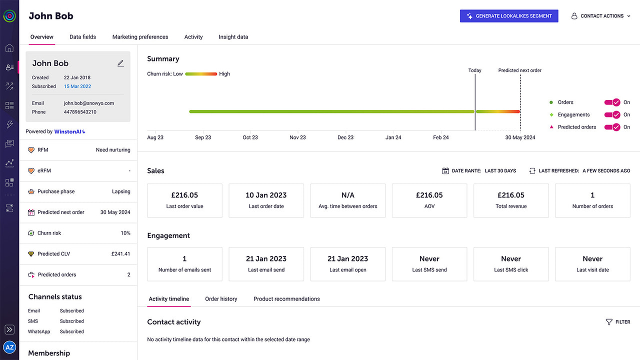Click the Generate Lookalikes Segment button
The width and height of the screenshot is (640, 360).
click(x=508, y=16)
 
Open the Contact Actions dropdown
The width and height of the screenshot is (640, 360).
click(x=601, y=16)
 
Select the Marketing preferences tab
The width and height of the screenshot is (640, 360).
click(x=140, y=37)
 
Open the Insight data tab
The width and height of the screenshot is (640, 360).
click(x=233, y=37)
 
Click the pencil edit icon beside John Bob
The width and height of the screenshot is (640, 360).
click(x=120, y=63)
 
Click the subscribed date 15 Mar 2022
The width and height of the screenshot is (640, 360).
click(x=77, y=86)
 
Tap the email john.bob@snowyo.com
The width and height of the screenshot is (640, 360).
click(x=89, y=103)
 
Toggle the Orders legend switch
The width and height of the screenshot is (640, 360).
click(x=612, y=102)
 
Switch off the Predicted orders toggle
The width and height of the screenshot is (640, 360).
click(x=612, y=127)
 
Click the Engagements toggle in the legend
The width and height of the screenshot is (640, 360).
click(x=612, y=114)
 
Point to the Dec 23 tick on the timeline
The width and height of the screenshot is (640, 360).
click(x=345, y=137)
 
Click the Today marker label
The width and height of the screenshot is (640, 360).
click(x=474, y=70)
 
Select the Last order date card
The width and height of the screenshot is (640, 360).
click(x=266, y=200)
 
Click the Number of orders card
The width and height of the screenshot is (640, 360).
click(x=592, y=200)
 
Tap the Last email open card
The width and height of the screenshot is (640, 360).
click(x=347, y=263)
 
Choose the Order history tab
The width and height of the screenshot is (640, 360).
click(x=221, y=299)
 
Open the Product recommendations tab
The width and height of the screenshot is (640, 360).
click(x=286, y=299)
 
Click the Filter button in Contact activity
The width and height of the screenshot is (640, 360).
click(x=618, y=322)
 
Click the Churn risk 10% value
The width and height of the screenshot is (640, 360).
click(x=125, y=233)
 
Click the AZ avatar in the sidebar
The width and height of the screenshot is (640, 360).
click(x=9, y=347)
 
